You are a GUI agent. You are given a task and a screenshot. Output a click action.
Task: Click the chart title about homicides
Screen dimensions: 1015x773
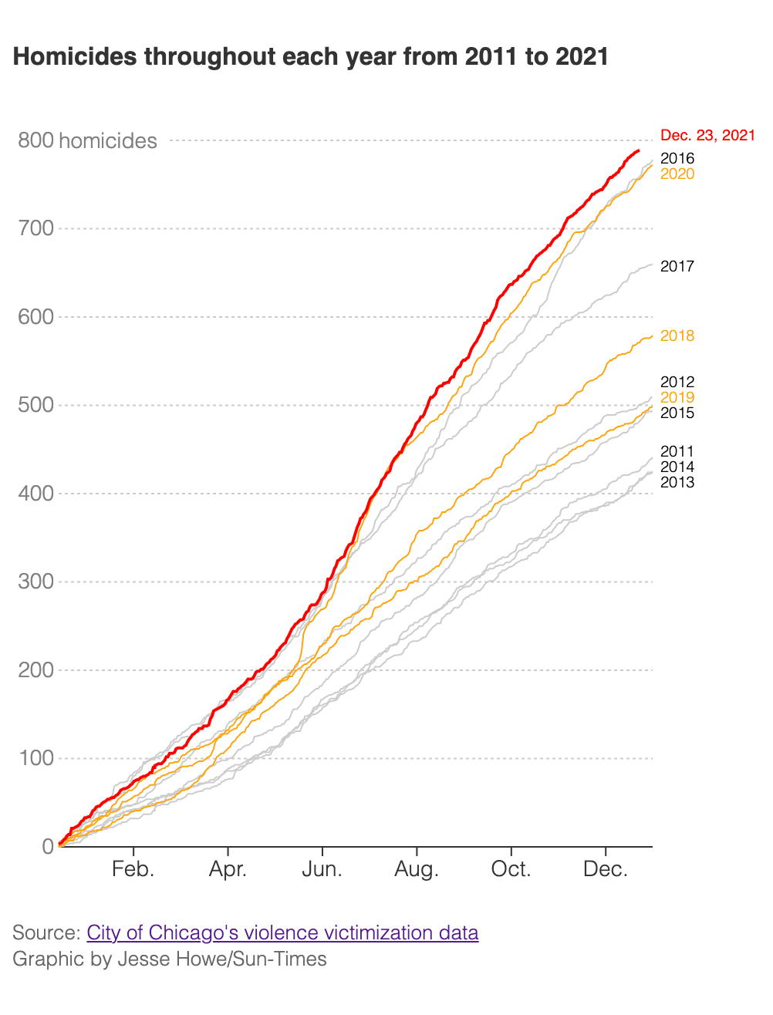tap(311, 57)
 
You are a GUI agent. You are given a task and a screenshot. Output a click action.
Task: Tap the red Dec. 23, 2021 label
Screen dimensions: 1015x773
tap(707, 136)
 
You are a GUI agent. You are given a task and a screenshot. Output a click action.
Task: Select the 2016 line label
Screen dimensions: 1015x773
tap(677, 159)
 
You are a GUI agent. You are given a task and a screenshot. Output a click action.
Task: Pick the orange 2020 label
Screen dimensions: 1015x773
tap(677, 174)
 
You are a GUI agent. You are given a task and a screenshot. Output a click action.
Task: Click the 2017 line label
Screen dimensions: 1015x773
tap(677, 267)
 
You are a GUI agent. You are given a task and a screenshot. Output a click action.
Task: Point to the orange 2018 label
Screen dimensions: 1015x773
tap(677, 336)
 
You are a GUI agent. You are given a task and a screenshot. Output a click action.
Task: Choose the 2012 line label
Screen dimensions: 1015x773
tap(677, 383)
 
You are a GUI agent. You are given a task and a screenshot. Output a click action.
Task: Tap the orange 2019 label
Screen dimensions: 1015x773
tap(677, 398)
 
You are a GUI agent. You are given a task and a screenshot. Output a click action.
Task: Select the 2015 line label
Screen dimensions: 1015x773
tap(677, 413)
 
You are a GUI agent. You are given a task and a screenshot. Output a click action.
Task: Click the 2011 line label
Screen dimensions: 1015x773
tap(677, 452)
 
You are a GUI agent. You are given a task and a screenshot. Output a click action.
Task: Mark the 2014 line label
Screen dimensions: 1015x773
tap(677, 467)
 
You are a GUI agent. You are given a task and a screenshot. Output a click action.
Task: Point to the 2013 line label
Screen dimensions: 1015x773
tap(677, 483)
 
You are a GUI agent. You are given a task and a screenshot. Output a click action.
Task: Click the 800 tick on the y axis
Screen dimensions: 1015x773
tap(36, 140)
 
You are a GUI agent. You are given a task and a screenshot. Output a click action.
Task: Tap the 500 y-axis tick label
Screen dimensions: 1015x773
tap(36, 405)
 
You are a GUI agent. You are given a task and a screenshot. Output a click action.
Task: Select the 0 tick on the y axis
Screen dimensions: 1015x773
tap(49, 847)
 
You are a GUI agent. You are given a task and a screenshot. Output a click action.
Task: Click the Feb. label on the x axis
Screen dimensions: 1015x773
tap(133, 870)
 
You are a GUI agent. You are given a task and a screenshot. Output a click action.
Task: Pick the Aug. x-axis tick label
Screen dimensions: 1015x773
tap(417, 870)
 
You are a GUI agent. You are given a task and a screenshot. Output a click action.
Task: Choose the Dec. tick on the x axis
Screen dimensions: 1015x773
tap(606, 870)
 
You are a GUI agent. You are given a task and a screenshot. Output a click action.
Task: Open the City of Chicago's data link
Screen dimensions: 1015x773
tap(282, 933)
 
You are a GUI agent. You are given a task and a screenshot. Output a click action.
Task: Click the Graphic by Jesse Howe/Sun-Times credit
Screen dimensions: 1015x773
tap(170, 959)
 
